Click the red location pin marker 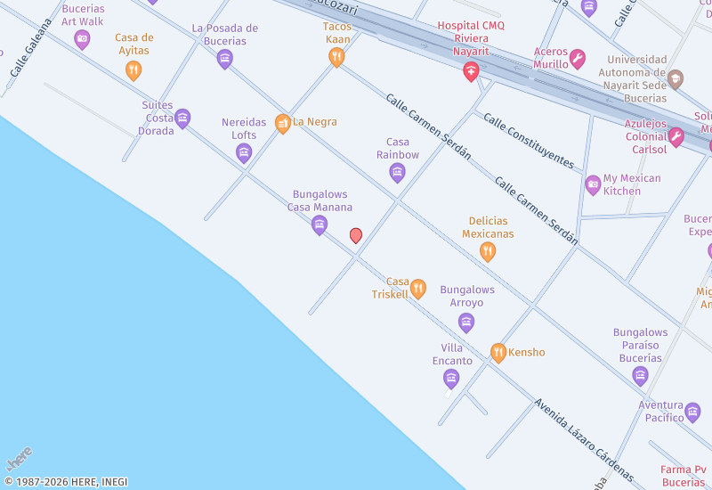click(x=356, y=235)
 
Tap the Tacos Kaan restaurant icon click(x=336, y=58)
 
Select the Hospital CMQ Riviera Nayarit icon click(x=472, y=72)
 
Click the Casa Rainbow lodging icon click(x=398, y=173)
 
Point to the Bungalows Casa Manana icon click(x=320, y=225)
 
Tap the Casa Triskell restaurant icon click(x=418, y=289)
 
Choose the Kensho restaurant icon click(x=498, y=353)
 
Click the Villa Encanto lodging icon click(x=451, y=380)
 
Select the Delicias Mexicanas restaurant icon click(x=488, y=252)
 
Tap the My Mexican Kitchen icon click(x=594, y=185)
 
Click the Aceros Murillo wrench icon click(x=578, y=60)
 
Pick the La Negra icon click(x=283, y=123)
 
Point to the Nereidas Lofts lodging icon click(x=244, y=153)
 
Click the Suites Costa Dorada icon click(x=183, y=118)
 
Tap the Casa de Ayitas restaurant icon click(x=133, y=70)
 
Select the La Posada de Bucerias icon click(x=225, y=59)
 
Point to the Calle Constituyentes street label click(x=529, y=140)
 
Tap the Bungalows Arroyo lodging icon click(x=466, y=323)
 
